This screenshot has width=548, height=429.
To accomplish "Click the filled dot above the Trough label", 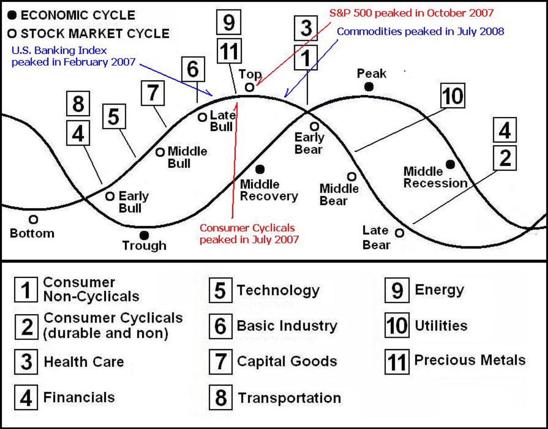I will click(x=144, y=235).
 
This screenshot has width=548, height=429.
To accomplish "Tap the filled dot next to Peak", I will click(x=369, y=86).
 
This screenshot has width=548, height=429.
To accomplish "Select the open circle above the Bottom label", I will click(x=33, y=220).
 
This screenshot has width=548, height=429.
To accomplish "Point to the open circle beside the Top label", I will click(x=250, y=87).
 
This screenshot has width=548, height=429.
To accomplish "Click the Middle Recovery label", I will click(x=269, y=190).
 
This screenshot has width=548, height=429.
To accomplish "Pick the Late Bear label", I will click(x=376, y=238).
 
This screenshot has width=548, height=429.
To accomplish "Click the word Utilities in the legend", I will click(x=441, y=326).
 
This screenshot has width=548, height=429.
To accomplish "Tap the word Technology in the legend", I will click(x=278, y=290).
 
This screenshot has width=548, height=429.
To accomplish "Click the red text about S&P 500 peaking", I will click(x=412, y=13).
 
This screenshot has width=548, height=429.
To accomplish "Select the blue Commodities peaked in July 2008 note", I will click(x=420, y=32).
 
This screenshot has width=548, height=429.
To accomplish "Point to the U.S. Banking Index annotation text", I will click(x=73, y=56).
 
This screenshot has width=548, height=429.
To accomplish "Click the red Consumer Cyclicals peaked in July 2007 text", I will click(x=249, y=233).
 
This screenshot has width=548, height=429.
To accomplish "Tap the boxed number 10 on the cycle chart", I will click(x=452, y=97).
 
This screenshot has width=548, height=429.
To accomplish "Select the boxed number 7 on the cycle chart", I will click(x=153, y=94).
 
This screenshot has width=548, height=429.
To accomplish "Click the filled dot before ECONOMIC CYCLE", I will click(x=13, y=15).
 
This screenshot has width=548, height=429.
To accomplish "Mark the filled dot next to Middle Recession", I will click(x=450, y=164).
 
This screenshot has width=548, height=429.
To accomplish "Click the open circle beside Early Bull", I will click(x=110, y=196).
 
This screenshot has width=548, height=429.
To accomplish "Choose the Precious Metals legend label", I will click(x=470, y=360).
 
